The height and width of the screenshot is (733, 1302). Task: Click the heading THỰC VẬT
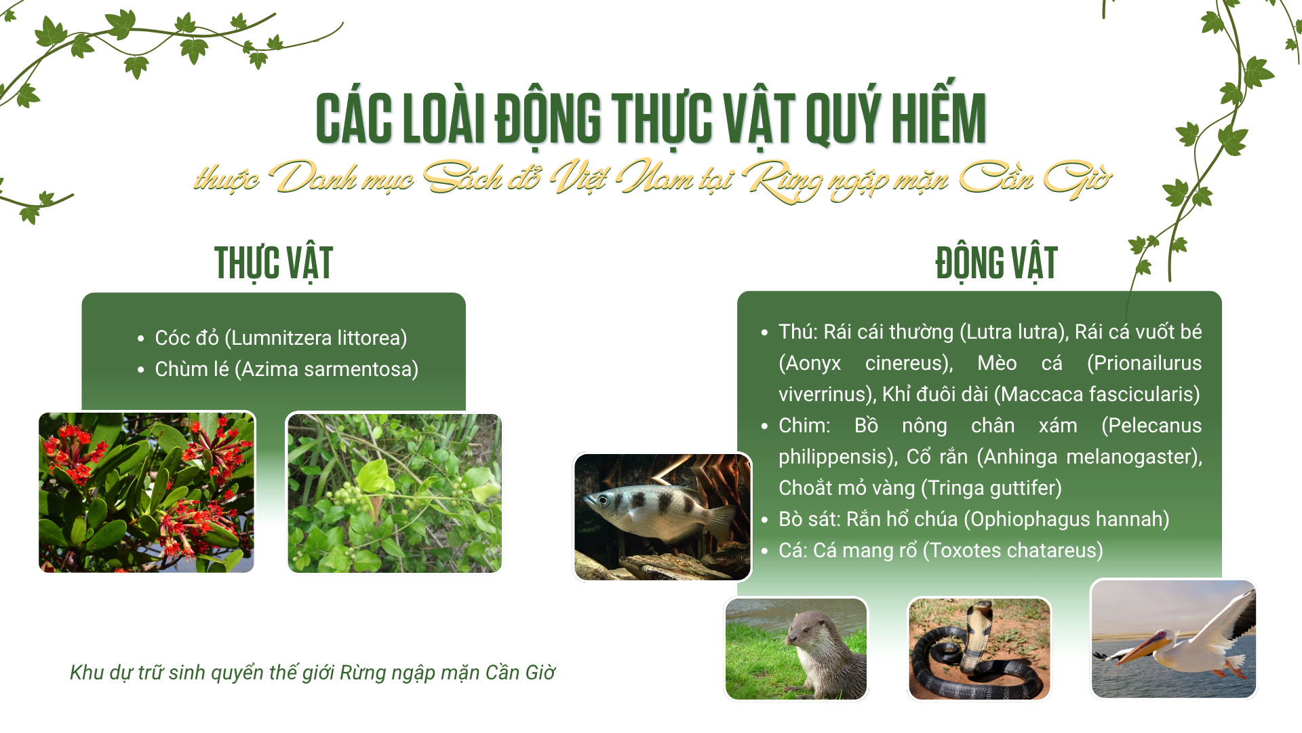coord(273,263)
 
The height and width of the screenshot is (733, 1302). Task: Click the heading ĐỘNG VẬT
coord(996,263)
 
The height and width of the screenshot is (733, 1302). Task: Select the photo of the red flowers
coord(146,492)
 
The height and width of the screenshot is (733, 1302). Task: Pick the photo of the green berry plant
coord(395,492)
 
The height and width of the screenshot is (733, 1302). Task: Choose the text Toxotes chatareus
coord(1012,550)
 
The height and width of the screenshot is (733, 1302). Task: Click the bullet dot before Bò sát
coord(764,521)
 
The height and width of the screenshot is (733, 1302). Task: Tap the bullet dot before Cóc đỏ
coord(141,339)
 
